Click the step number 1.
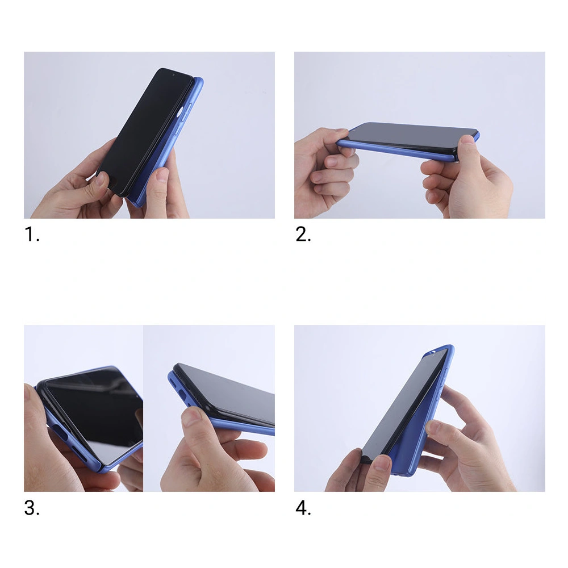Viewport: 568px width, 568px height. pyautogui.click(x=31, y=234)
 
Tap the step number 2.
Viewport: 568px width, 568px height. pyautogui.click(x=303, y=234)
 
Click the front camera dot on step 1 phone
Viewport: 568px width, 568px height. pyautogui.click(x=173, y=75)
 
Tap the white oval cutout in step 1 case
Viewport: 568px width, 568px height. pyautogui.click(x=180, y=112)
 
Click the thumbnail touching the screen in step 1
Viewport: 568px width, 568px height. pyautogui.click(x=101, y=178)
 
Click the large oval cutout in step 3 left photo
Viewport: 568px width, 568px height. pyautogui.click(x=60, y=432)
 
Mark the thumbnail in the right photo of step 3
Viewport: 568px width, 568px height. pyautogui.click(x=193, y=416)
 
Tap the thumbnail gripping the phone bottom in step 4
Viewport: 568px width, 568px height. pyautogui.click(x=382, y=462)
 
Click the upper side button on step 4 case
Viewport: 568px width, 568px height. pyautogui.click(x=445, y=375)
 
